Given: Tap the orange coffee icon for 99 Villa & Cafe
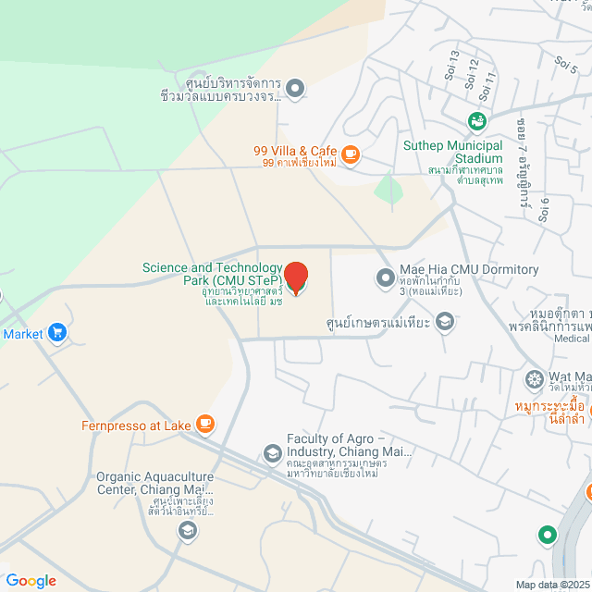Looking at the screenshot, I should [x=350, y=155].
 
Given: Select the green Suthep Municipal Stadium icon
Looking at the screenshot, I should [x=476, y=121].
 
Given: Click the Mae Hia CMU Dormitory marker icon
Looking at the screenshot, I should [x=385, y=277].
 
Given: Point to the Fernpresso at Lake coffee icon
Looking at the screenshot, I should [x=205, y=425].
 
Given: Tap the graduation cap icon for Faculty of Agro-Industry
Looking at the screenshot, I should [x=272, y=452].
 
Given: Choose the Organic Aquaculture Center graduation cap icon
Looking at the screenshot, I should [x=187, y=530].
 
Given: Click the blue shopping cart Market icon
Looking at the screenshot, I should [x=57, y=332].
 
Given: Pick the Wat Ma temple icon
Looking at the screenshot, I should [x=534, y=377].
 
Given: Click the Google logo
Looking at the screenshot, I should [x=30, y=580].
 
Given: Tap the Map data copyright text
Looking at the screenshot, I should [x=551, y=584].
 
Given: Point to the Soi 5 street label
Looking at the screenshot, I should [x=566, y=64].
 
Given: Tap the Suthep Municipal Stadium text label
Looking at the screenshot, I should [x=452, y=151].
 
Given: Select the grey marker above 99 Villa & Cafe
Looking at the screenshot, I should [x=295, y=89].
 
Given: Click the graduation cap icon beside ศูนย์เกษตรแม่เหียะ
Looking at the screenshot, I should [x=444, y=321].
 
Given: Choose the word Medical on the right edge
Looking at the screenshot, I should [x=572, y=339].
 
